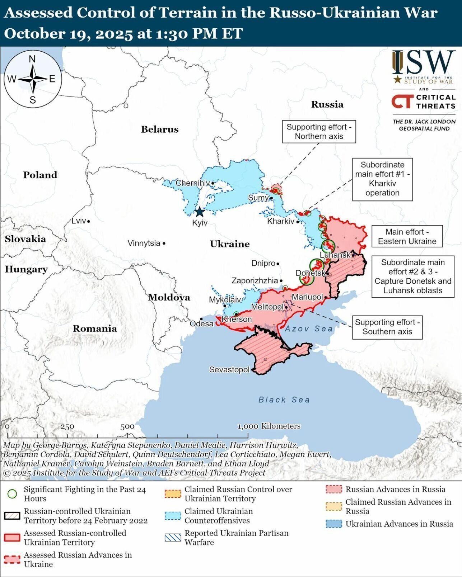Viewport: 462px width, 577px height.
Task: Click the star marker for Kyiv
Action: (199, 212)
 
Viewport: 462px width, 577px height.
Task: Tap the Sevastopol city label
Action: (229, 369)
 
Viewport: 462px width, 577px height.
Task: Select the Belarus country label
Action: (159, 129)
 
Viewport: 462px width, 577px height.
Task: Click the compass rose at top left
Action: (33, 79)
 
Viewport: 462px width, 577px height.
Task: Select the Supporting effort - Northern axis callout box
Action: (319, 132)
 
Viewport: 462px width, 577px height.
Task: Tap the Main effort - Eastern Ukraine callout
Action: (407, 236)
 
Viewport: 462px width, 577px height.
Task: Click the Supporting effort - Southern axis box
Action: (387, 327)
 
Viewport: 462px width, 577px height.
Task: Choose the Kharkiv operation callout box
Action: (382, 179)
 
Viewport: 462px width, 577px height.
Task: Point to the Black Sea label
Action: (284, 399)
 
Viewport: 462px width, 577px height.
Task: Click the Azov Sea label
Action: (309, 328)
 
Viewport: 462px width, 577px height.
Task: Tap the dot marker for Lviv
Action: (89, 221)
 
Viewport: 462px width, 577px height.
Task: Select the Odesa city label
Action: (201, 323)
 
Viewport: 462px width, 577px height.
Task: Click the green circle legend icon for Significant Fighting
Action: (12, 494)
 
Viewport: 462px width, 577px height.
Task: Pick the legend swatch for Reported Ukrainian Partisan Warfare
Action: (173, 538)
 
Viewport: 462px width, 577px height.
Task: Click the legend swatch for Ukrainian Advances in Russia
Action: (333, 524)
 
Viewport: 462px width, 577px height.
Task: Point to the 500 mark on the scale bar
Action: (127, 427)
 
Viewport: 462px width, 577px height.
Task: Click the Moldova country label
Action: (169, 297)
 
